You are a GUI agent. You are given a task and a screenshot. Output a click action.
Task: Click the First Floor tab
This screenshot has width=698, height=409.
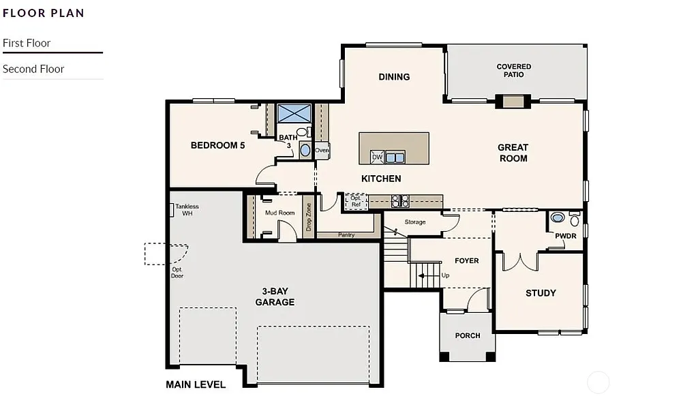pyautogui.click(x=27, y=43)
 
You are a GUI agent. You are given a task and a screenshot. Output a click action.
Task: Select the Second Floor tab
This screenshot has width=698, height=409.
pyautogui.click(x=33, y=69)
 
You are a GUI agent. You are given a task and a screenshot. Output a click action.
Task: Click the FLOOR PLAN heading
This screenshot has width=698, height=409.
pyautogui.click(x=44, y=12)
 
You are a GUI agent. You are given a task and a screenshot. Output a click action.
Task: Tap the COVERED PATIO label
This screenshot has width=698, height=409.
pyautogui.click(x=514, y=70)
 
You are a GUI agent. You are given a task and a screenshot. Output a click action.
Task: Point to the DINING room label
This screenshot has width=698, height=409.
pyautogui.click(x=394, y=77)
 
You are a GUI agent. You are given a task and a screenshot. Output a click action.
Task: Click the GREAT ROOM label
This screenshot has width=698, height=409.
pyautogui.click(x=513, y=153)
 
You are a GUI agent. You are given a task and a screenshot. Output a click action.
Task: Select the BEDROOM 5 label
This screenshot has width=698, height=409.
pyautogui.click(x=217, y=145)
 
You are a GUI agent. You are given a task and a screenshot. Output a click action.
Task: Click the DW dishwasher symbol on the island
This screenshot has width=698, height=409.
pyautogui.click(x=377, y=157)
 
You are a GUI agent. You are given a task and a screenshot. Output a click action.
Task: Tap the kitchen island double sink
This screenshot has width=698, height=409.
pyautogui.click(x=395, y=157)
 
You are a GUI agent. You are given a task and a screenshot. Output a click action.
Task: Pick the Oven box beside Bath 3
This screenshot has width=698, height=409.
pyautogui.click(x=322, y=151)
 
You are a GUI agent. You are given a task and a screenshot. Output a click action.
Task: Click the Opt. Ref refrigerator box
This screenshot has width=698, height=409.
pyautogui.click(x=356, y=200)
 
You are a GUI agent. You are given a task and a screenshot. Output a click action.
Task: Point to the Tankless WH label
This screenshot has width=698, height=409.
pyautogui.click(x=187, y=209)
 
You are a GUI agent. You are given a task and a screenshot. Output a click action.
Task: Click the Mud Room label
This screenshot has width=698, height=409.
pyautogui.click(x=279, y=213)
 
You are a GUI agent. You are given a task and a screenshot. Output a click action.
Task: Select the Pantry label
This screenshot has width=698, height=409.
pyautogui.click(x=346, y=235)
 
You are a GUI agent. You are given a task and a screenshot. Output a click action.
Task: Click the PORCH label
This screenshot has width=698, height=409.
pyautogui.click(x=468, y=335)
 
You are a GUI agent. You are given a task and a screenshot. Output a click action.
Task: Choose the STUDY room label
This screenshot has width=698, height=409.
pyautogui.click(x=541, y=293)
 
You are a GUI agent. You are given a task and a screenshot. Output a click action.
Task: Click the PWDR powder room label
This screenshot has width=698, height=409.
pyautogui.click(x=566, y=236)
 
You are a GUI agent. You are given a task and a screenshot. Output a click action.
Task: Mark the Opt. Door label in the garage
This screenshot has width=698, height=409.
pyautogui.click(x=177, y=272)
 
